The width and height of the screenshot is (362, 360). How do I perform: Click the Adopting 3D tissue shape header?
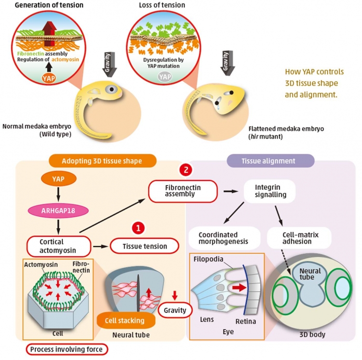(x=102, y=160)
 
